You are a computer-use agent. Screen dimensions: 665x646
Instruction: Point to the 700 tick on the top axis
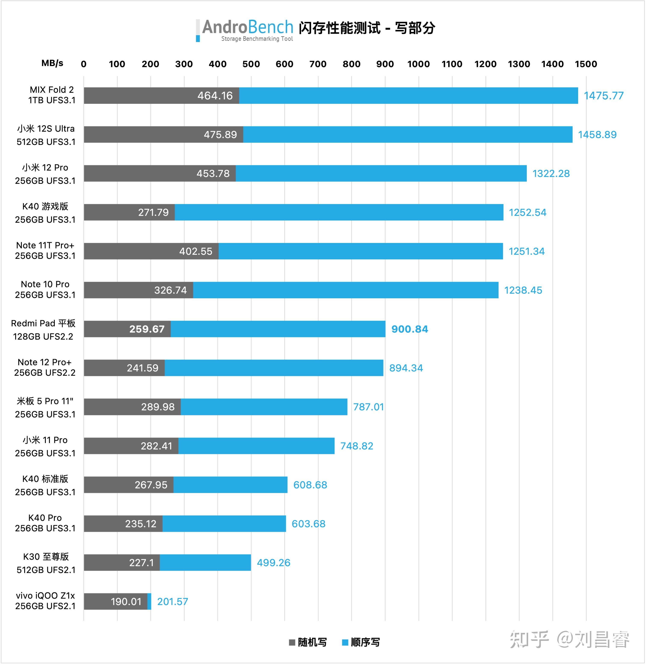[x=318, y=64]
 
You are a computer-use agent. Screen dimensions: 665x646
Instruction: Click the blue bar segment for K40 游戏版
[x=339, y=212]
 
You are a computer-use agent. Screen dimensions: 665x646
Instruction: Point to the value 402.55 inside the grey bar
[x=196, y=252]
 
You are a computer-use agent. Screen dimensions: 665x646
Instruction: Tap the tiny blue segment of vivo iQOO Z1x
[x=149, y=602]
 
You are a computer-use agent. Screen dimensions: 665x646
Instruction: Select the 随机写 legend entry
[x=308, y=642]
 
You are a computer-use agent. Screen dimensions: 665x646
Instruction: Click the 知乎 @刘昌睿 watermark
[x=569, y=640]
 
